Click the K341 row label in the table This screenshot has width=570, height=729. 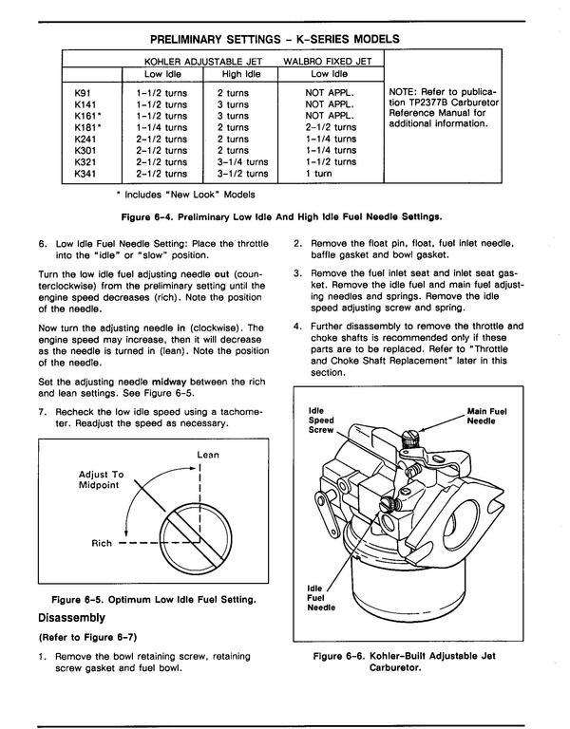[85, 174]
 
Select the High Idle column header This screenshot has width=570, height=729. [241, 74]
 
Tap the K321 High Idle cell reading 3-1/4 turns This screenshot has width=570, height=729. [242, 162]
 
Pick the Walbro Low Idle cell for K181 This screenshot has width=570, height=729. [331, 127]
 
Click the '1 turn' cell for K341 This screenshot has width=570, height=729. [319, 174]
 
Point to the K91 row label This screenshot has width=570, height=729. [83, 93]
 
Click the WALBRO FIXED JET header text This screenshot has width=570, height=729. [327, 62]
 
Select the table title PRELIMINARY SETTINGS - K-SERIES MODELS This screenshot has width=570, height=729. [275, 39]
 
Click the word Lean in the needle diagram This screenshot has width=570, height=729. [208, 455]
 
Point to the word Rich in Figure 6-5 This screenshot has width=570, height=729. [102, 543]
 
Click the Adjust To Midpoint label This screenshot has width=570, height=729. [101, 479]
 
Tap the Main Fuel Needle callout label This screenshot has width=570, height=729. [486, 416]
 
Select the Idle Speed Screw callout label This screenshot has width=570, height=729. [321, 421]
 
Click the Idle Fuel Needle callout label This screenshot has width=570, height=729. [321, 598]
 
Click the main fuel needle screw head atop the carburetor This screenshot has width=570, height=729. [410, 438]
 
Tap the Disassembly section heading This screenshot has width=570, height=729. [71, 618]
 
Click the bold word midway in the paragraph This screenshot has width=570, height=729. [169, 383]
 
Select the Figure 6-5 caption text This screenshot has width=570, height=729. [154, 600]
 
